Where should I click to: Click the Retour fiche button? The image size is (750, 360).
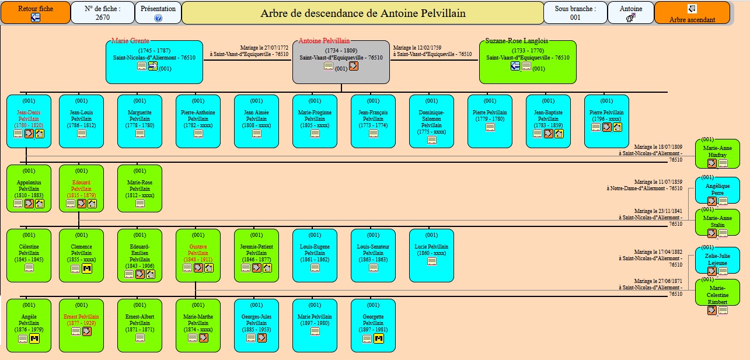tap(35, 13)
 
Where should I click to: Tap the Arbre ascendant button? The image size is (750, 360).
tap(692, 13)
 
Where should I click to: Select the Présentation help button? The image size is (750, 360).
tap(158, 13)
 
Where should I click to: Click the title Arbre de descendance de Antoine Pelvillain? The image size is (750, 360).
tap(362, 13)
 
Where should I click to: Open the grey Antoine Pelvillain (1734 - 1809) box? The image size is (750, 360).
tap(341, 61)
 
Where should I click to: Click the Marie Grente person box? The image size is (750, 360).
tap(154, 61)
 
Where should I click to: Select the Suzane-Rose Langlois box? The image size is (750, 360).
tap(528, 61)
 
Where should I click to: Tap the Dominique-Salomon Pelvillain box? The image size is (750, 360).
tap(431, 121)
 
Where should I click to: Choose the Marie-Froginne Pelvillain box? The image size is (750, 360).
tap(315, 121)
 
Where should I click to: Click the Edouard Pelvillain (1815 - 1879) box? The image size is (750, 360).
tap(81, 188)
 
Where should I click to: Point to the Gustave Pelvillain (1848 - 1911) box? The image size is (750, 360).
tap(198, 255)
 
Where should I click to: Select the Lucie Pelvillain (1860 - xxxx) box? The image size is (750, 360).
tap(431, 255)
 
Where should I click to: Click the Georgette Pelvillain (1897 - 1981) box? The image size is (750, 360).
tap(373, 325)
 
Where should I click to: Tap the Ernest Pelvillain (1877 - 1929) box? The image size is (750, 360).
tap(81, 325)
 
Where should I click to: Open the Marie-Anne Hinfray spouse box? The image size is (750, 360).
tap(717, 153)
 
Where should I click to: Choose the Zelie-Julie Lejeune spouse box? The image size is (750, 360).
tap(717, 260)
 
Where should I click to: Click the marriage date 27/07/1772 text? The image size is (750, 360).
tap(264, 48)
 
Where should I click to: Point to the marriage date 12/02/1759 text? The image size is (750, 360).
tap(417, 48)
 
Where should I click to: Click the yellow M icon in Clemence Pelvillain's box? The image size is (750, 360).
tap(87, 268)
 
